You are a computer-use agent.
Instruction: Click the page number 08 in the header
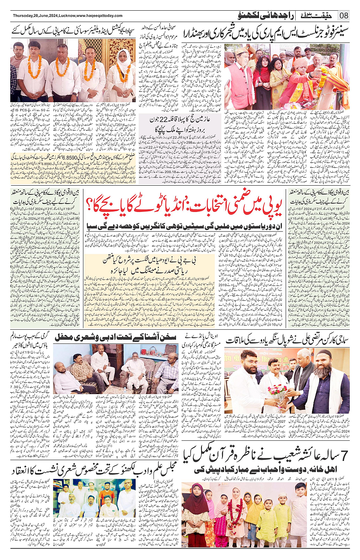tap(344, 16)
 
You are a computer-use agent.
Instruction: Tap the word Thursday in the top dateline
tap(22, 16)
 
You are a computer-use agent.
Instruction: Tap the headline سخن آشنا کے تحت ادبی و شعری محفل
tap(115, 337)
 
